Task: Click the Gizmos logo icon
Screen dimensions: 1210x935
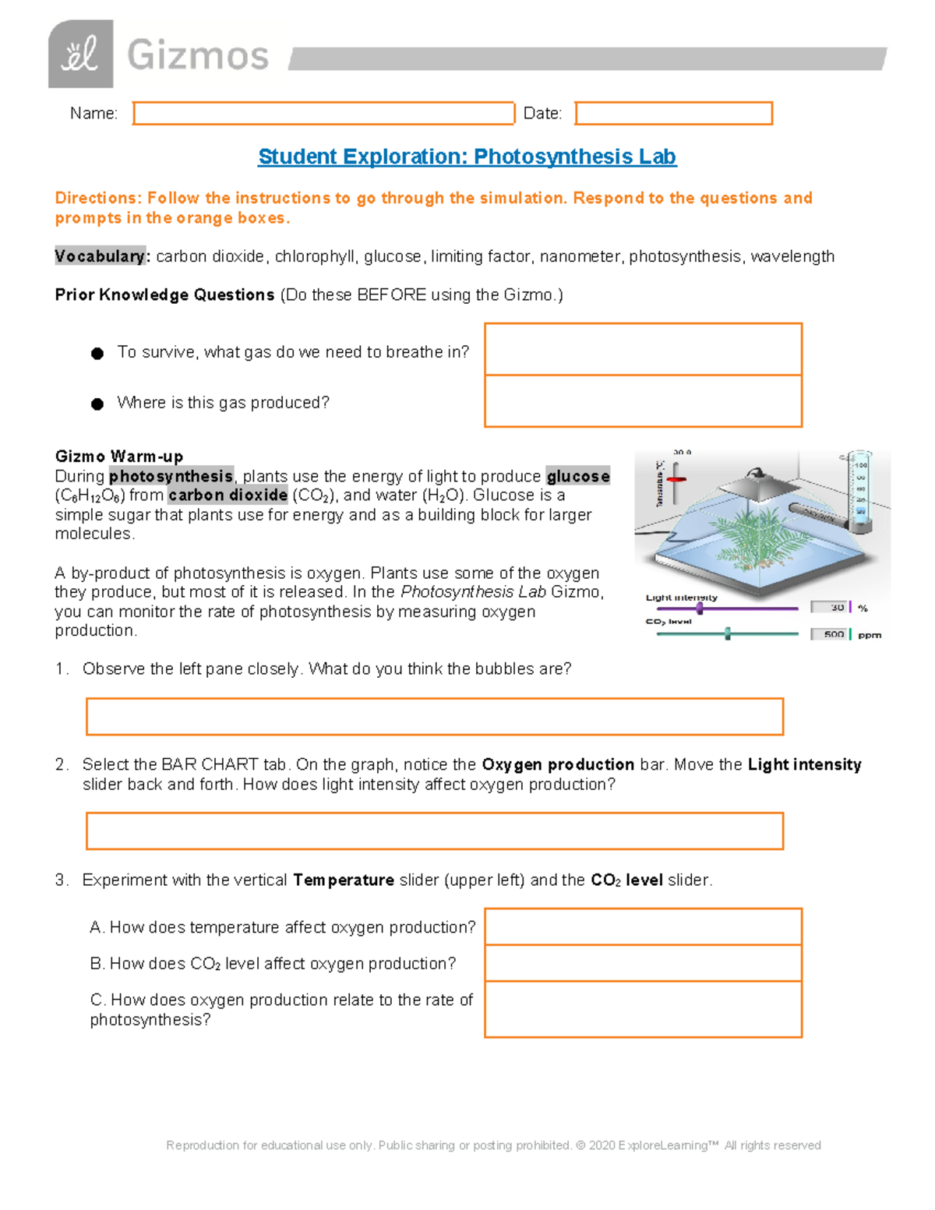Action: click(x=80, y=55)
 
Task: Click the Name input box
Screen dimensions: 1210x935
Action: click(x=323, y=113)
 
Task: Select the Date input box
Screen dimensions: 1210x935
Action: click(x=673, y=113)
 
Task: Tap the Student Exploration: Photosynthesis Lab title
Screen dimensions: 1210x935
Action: click(x=467, y=157)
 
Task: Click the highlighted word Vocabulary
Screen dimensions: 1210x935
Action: click(x=100, y=256)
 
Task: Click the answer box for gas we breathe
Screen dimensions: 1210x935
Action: click(x=643, y=349)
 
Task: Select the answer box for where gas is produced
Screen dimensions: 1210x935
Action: click(x=643, y=401)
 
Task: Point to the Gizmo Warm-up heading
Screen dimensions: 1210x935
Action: click(x=119, y=457)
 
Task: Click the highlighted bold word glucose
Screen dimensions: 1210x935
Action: click(x=577, y=476)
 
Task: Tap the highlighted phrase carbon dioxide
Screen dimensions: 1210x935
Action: click(x=228, y=496)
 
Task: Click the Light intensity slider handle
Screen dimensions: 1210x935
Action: click(x=700, y=609)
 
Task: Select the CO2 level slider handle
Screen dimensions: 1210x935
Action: click(x=728, y=633)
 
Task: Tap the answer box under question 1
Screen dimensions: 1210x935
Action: click(x=434, y=717)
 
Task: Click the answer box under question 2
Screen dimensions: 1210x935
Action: click(x=434, y=831)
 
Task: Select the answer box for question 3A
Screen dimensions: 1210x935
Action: click(x=643, y=926)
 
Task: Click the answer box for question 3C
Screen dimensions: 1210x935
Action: click(x=643, y=1009)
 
